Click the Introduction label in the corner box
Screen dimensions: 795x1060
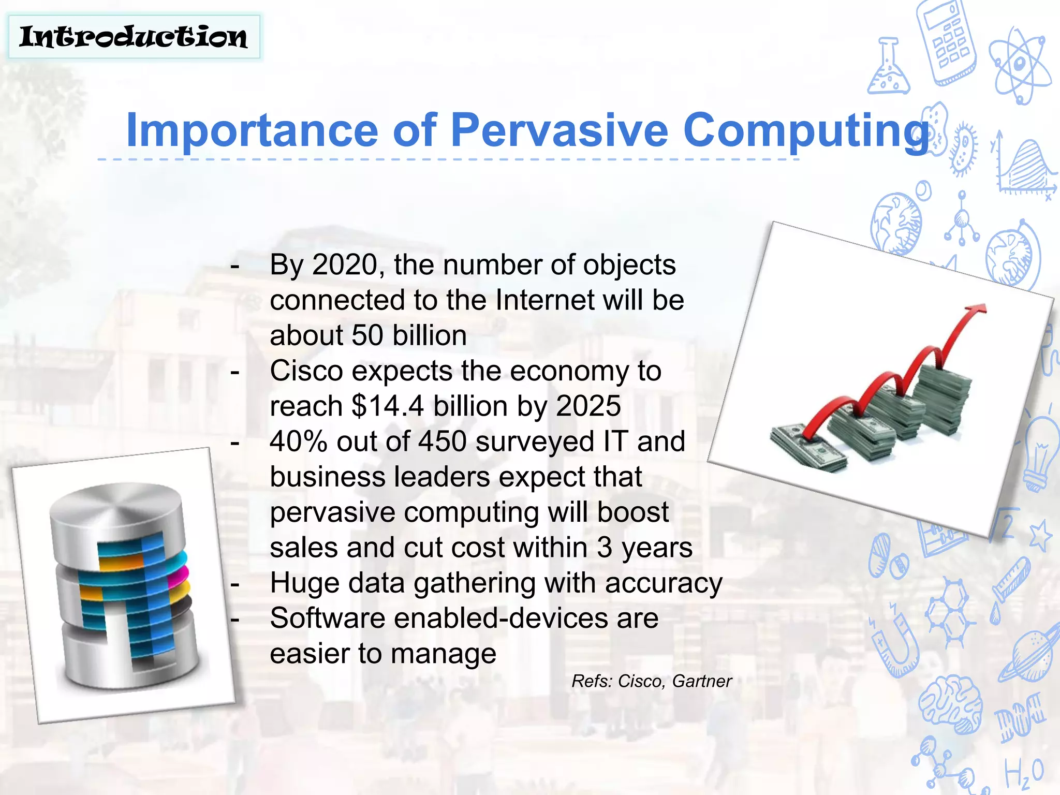click(134, 37)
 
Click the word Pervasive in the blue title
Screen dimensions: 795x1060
click(560, 130)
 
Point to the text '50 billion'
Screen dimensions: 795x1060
click(409, 335)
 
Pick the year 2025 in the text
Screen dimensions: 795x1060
click(588, 406)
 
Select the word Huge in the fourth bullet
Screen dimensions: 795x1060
click(304, 583)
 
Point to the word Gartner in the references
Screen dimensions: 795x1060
click(702, 681)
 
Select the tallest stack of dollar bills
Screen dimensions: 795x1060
click(942, 399)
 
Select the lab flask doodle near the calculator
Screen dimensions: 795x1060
click(888, 67)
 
